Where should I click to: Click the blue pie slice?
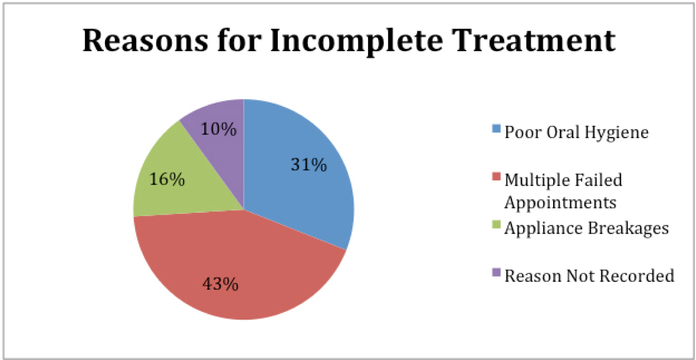point(298,174)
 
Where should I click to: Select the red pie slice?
point(236,267)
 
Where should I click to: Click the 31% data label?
point(309,164)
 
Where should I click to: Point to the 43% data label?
point(220,284)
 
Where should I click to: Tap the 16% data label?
point(167,179)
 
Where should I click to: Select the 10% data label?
point(219,129)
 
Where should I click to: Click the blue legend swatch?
point(497,129)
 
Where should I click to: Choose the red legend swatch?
point(497,176)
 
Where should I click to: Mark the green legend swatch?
point(497,224)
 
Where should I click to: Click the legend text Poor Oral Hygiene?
point(577,133)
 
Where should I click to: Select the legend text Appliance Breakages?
point(587,229)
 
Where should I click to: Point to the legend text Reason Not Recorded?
point(590,275)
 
